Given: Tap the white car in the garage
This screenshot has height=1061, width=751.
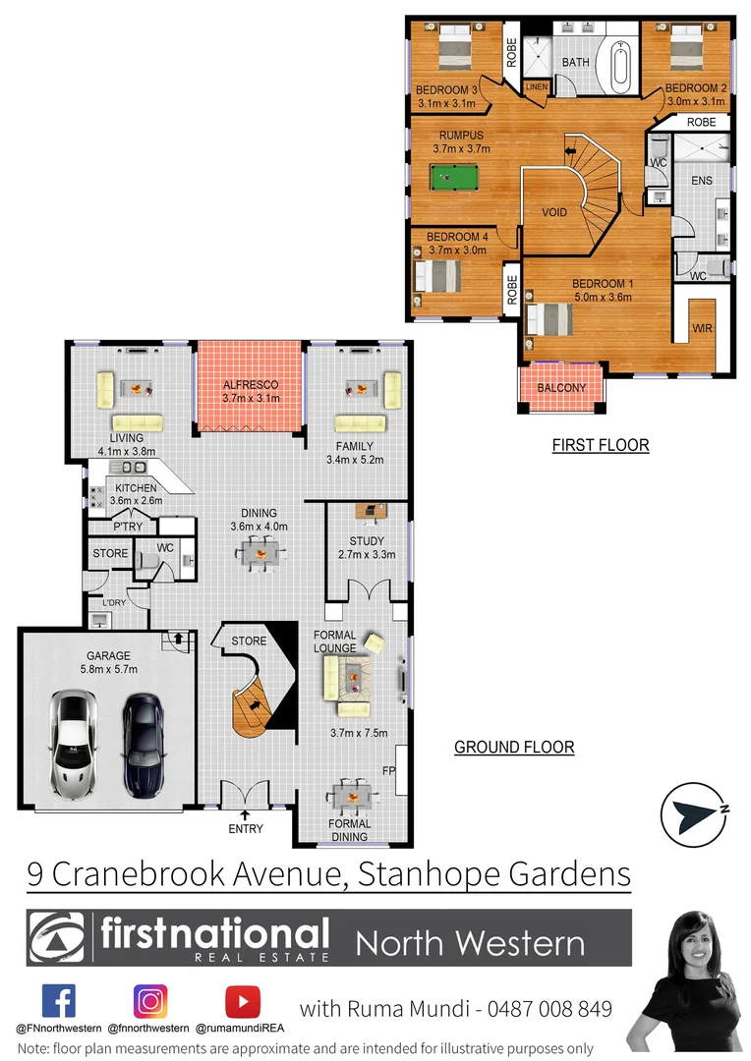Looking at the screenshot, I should (x=76, y=742).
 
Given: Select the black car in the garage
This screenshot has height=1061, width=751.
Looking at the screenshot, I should (x=144, y=742).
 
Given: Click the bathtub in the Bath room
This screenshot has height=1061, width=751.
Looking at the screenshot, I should (x=622, y=64).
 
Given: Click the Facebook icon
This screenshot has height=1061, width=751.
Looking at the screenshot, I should (x=58, y=1001).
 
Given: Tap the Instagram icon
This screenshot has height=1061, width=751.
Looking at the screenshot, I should (x=150, y=1001).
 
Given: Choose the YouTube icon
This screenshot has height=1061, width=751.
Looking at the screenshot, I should (x=242, y=1001).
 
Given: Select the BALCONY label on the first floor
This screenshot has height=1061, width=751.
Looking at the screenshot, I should (x=561, y=387).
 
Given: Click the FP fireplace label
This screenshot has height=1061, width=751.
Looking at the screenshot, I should (x=388, y=771).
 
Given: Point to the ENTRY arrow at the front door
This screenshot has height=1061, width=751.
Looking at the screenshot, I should (x=245, y=813).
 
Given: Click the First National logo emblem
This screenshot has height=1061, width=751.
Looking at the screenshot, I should (x=57, y=938).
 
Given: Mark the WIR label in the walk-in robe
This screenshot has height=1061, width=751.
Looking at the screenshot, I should (x=702, y=327).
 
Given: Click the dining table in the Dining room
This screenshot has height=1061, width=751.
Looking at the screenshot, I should (x=260, y=555).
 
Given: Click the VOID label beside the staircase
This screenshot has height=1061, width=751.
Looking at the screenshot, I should (x=555, y=212).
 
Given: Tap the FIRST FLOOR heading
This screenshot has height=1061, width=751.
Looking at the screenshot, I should (x=600, y=445).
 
